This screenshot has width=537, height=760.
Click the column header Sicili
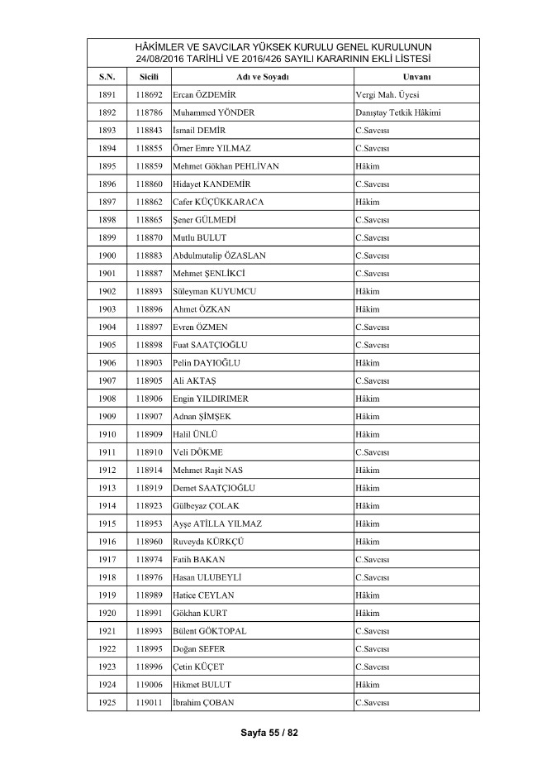150,77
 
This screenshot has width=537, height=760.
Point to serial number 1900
107,256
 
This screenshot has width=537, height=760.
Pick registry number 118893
150,291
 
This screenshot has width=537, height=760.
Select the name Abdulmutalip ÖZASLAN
219,256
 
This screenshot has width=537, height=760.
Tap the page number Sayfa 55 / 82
268,733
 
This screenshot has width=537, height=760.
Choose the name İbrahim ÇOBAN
204,703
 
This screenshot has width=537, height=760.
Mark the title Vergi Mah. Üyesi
387,94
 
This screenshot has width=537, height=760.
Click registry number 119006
150,685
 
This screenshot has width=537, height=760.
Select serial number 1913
107,488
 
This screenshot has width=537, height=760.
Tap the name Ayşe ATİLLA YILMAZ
217,523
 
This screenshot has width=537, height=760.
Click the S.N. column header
107,77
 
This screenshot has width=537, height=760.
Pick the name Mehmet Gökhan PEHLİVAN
226,166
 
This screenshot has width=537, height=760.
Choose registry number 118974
150,560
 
